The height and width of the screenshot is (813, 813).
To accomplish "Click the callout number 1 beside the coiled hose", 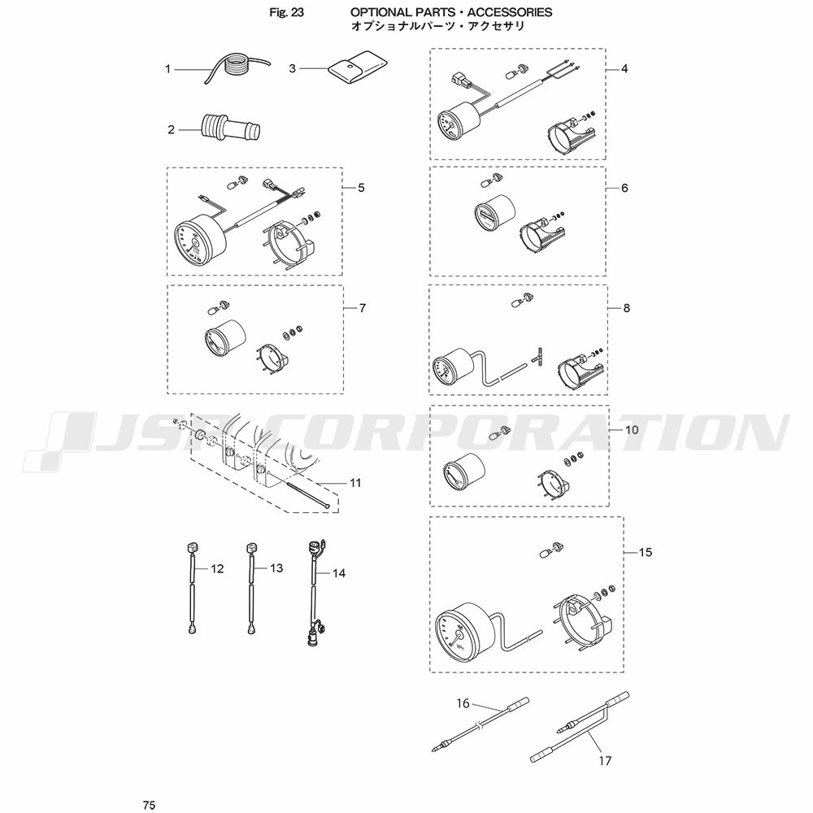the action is tap(167, 69).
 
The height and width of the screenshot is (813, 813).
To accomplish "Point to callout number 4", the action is tap(624, 68).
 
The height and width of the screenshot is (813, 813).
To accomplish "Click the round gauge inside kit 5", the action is tap(200, 238).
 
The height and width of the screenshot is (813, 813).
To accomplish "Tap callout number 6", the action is tap(624, 188).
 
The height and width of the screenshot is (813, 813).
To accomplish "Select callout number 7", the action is tap(363, 308).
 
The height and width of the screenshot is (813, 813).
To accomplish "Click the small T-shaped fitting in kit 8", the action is tap(537, 358).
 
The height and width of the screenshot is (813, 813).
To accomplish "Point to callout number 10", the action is tap(632, 430).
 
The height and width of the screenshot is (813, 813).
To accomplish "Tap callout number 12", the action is tap(217, 569).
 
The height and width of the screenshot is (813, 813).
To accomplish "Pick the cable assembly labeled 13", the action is tap(251, 589).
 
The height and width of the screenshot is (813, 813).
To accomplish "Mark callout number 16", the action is tap(463, 703).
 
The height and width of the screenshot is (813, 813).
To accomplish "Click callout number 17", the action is tap(605, 761).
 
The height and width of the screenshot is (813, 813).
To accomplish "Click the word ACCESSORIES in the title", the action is tap(509, 12).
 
